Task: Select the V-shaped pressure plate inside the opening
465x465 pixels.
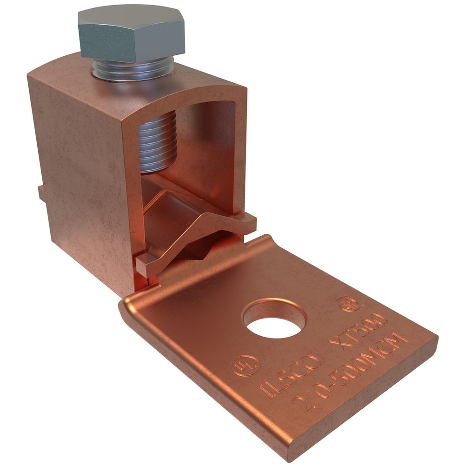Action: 195,232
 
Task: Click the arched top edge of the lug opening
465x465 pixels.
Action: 195,95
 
